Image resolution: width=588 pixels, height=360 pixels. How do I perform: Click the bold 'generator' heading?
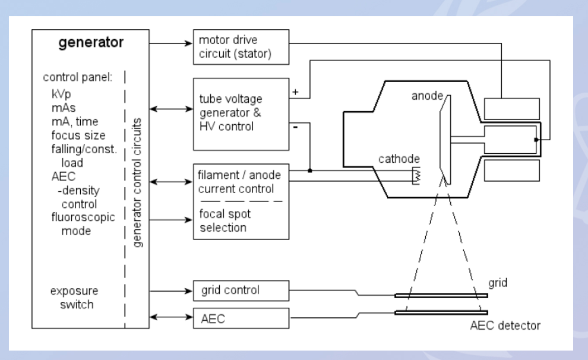tap(91, 42)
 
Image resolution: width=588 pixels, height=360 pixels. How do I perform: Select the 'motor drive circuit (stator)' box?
tap(241, 47)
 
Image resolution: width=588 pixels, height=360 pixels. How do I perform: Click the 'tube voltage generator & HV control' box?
tap(241, 114)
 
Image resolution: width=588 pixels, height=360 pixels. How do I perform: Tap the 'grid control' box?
tap(241, 290)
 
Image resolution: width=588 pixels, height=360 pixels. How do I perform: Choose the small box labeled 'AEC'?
tap(241, 318)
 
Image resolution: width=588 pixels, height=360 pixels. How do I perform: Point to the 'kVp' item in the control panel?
tap(61, 94)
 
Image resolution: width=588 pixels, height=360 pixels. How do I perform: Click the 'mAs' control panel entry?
tap(64, 108)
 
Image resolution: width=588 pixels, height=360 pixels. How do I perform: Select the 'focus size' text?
tap(78, 135)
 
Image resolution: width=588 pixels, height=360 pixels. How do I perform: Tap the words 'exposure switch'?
tap(74, 298)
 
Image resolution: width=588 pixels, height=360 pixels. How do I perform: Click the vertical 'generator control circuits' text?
tap(137, 182)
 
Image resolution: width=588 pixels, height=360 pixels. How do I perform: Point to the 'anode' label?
tap(427, 96)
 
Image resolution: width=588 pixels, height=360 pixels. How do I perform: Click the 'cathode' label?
tap(399, 159)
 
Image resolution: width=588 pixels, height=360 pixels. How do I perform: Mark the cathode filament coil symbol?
tap(416, 175)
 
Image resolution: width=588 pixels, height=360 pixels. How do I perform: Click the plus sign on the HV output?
tap(296, 92)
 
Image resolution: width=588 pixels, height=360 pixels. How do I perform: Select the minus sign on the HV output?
tap(296, 128)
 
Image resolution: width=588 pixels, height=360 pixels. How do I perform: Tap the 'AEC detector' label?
tap(505, 326)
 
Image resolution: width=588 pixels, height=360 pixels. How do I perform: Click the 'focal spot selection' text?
tap(225, 220)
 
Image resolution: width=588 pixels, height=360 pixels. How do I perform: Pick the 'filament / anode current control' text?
tap(239, 182)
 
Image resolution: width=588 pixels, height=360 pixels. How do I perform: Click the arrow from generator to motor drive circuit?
tap(171, 43)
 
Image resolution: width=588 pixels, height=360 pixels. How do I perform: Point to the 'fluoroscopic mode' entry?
tap(83, 224)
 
